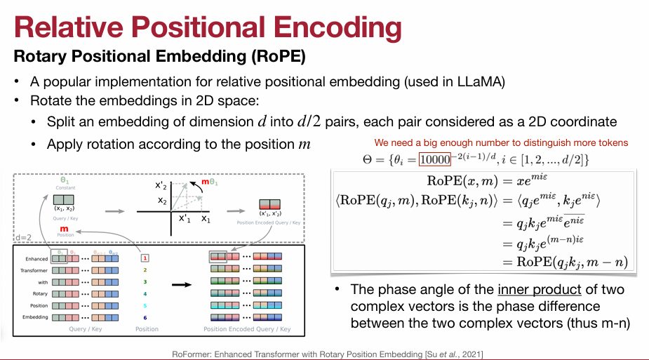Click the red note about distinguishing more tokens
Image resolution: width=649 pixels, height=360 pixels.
(x=501, y=142)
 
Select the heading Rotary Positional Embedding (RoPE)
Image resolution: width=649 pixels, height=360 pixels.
(x=160, y=54)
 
